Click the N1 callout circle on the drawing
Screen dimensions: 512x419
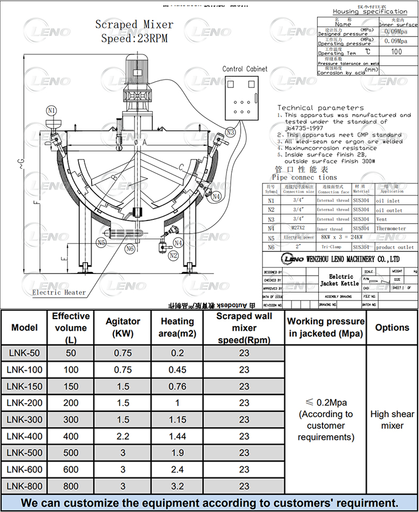pyautogui.click(x=51, y=111)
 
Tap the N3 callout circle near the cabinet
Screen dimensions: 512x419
pyautogui.click(x=230, y=132)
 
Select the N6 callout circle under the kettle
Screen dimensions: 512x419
pyautogui.click(x=129, y=248)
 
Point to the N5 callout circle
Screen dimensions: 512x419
pyautogui.click(x=101, y=242)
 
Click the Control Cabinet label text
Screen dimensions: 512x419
pyautogui.click(x=245, y=69)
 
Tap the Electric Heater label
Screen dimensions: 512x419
pyautogui.click(x=59, y=292)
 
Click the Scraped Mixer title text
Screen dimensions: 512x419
pyautogui.click(x=134, y=25)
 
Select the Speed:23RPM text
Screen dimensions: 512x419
pyautogui.click(x=134, y=38)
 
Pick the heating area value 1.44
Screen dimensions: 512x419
pyautogui.click(x=178, y=436)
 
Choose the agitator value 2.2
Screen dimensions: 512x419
pyautogui.click(x=123, y=436)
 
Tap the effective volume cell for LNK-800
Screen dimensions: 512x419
pyautogui.click(x=71, y=486)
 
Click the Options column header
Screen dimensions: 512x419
pyautogui.click(x=392, y=328)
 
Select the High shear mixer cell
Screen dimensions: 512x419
pyautogui.click(x=392, y=420)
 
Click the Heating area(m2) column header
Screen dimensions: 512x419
pyautogui.click(x=178, y=328)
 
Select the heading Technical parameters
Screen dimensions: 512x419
pyautogui.click(x=313, y=108)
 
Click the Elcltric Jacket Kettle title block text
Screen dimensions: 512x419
pyautogui.click(x=341, y=280)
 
